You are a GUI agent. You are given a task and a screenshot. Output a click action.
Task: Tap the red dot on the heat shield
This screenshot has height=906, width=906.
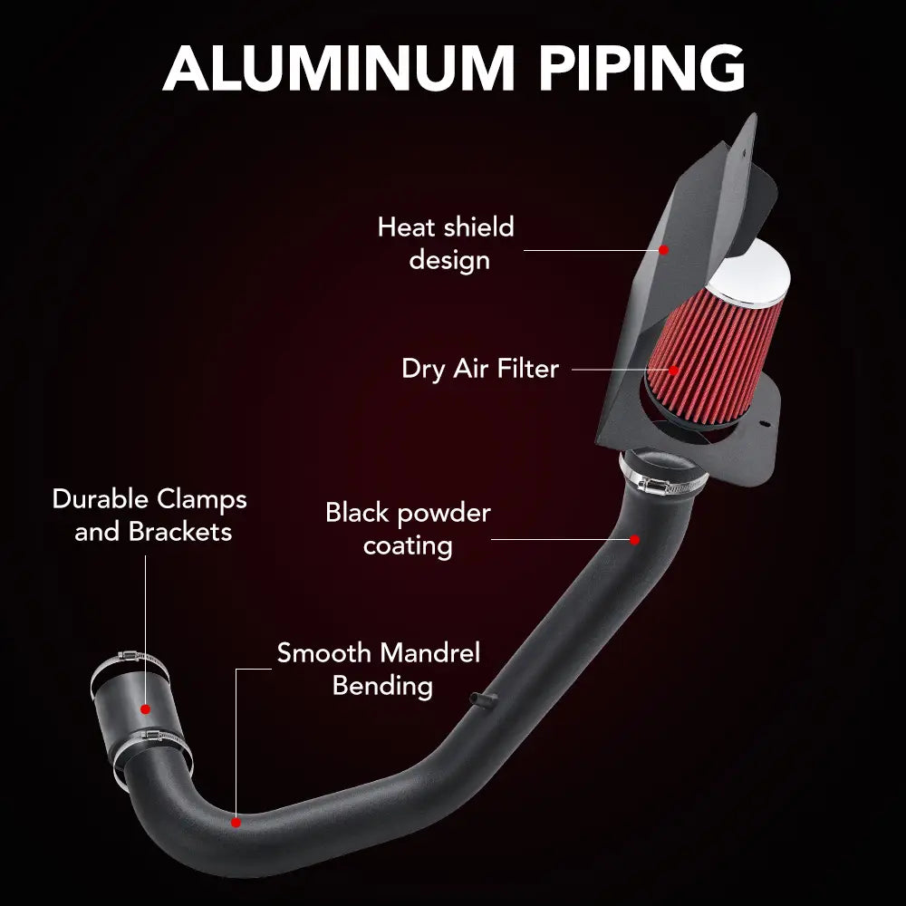(x=663, y=249)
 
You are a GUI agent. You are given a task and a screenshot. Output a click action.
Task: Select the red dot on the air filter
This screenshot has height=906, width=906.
(x=674, y=370)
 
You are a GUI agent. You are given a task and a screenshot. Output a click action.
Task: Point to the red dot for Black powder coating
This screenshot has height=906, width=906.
(x=635, y=540)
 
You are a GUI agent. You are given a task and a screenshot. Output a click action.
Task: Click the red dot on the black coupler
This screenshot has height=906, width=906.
(x=146, y=707)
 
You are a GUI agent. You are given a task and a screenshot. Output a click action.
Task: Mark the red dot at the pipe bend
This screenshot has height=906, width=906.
(x=236, y=823)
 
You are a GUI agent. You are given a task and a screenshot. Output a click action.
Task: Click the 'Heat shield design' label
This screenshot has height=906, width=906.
(x=446, y=243)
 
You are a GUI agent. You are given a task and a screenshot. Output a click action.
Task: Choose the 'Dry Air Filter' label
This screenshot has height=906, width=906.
(x=480, y=369)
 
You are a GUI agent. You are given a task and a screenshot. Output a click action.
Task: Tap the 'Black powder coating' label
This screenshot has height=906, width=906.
(x=408, y=529)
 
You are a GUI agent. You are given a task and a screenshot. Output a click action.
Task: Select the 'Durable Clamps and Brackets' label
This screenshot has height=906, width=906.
(x=150, y=515)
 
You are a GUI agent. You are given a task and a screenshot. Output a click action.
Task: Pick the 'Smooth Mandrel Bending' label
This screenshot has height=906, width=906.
(x=379, y=669)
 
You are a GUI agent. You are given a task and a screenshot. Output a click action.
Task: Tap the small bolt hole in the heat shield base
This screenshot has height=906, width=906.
(x=765, y=422)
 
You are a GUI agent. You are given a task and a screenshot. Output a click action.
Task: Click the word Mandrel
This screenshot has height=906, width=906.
(x=429, y=653)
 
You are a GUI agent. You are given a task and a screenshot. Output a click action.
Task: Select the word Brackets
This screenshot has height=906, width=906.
(x=180, y=531)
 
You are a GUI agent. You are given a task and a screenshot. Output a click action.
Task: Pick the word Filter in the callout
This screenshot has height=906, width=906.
(x=527, y=369)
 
